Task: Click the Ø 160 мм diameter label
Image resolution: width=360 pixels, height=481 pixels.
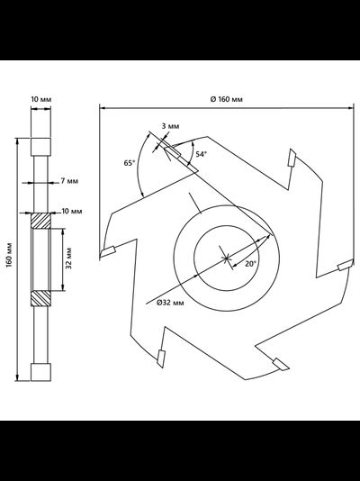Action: [227, 99]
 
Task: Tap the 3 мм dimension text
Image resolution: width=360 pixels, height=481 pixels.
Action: [170, 126]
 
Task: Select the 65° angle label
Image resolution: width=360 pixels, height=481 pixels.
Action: [130, 163]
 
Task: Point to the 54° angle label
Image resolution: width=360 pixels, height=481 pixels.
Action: [202, 154]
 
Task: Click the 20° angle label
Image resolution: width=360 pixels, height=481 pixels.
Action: [250, 264]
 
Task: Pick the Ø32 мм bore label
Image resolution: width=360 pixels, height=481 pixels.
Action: [170, 303]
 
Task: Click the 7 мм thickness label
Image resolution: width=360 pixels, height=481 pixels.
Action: [69, 181]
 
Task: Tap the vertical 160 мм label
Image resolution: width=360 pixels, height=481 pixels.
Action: [9, 255]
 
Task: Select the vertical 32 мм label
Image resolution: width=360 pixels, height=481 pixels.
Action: [68, 258]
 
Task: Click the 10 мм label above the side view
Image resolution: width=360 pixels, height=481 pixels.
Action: [41, 99]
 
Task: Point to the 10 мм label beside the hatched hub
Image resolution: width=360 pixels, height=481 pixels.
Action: [72, 212]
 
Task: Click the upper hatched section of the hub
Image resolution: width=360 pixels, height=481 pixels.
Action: [40, 221]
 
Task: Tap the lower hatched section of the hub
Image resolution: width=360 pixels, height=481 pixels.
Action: [40, 298]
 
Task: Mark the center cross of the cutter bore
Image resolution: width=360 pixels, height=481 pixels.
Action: [226, 259]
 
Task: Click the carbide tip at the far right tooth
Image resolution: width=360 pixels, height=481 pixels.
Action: [345, 266]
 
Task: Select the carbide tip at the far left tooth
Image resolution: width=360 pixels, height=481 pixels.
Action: [107, 251]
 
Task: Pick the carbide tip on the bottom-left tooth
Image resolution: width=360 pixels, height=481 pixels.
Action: [161, 358]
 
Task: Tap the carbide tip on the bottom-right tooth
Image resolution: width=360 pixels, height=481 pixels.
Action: [281, 364]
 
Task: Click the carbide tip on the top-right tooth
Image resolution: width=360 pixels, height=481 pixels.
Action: [292, 158]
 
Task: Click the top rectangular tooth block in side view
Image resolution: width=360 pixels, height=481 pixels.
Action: [40, 147]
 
